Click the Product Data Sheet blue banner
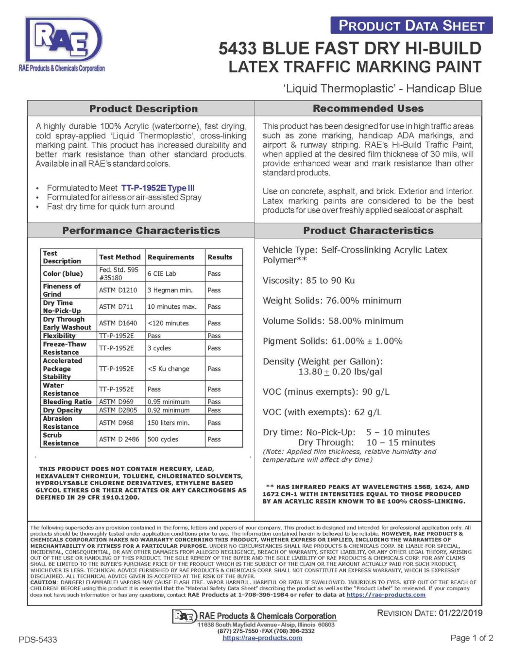coord(411,25)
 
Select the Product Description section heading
coord(143,109)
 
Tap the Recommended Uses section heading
coord(368,108)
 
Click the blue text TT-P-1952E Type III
coord(158,188)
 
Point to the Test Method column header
coord(119,257)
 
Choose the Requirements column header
coord(171,257)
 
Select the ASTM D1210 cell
coord(118,290)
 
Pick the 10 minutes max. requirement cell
coord(171,306)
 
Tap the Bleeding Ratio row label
coord(67,402)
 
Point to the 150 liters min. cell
coord(168,423)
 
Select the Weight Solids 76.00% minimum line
coord(332,301)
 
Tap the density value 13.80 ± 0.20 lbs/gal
coord(340,372)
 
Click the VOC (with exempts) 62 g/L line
coord(322,412)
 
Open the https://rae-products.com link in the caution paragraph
coord(386,594)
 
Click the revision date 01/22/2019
coord(460,613)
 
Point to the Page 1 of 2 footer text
coord(472,638)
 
